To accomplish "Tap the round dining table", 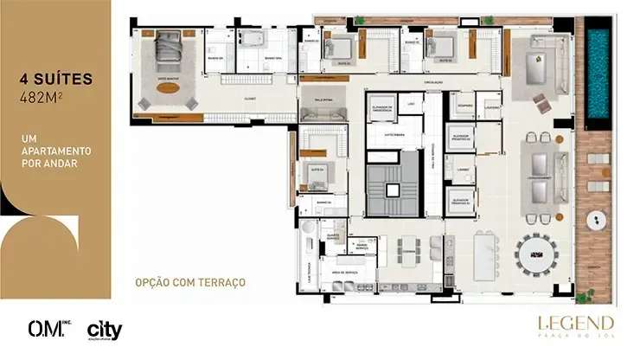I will click(x=539, y=255).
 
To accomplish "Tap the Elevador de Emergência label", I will click(x=382, y=109).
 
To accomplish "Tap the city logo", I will click(x=104, y=330).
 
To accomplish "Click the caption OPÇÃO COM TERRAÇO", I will click(x=190, y=282).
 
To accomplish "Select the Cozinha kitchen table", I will click(x=410, y=251).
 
